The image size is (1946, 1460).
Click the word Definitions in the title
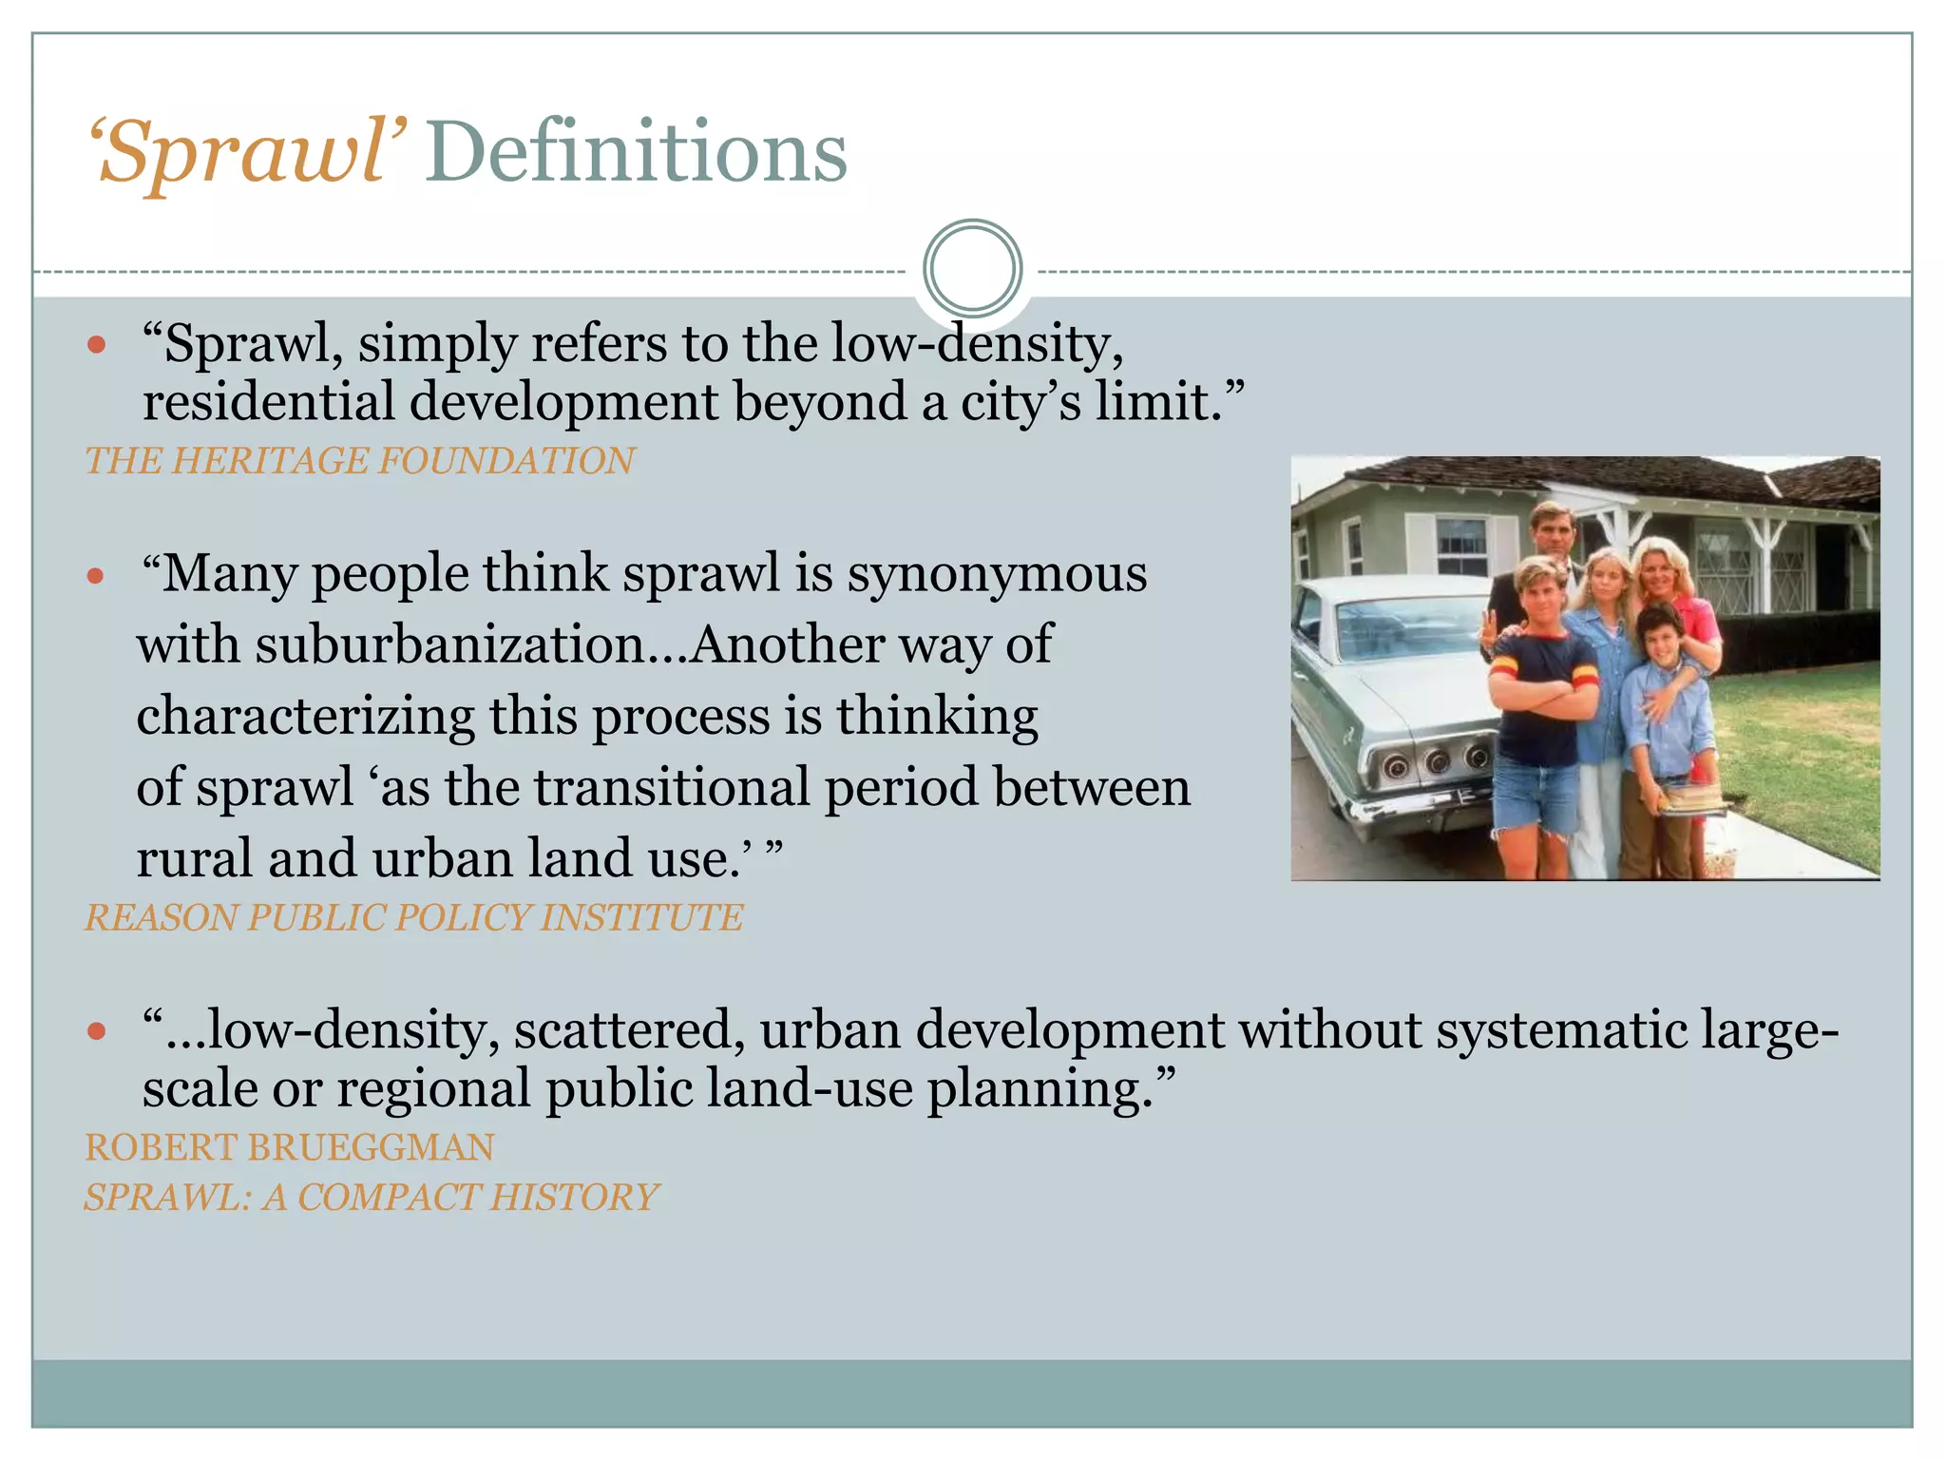click(636, 152)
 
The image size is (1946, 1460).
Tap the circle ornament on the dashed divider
click(972, 268)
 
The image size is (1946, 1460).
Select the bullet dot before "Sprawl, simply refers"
click(96, 344)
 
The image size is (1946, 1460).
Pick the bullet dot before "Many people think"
click(96, 575)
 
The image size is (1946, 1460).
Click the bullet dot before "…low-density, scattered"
click(96, 1031)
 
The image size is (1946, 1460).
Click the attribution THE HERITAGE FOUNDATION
click(360, 461)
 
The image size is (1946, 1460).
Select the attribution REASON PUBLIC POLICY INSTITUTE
click(414, 917)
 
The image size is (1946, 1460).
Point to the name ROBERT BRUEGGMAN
click(290, 1147)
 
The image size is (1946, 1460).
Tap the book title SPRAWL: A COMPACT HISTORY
click(372, 1197)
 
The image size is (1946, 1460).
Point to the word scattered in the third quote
click(628, 1030)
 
